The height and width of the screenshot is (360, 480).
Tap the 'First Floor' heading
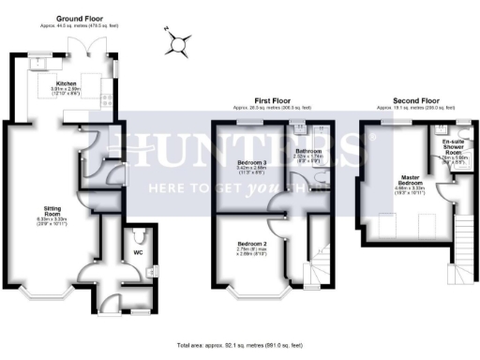click(x=270, y=98)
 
